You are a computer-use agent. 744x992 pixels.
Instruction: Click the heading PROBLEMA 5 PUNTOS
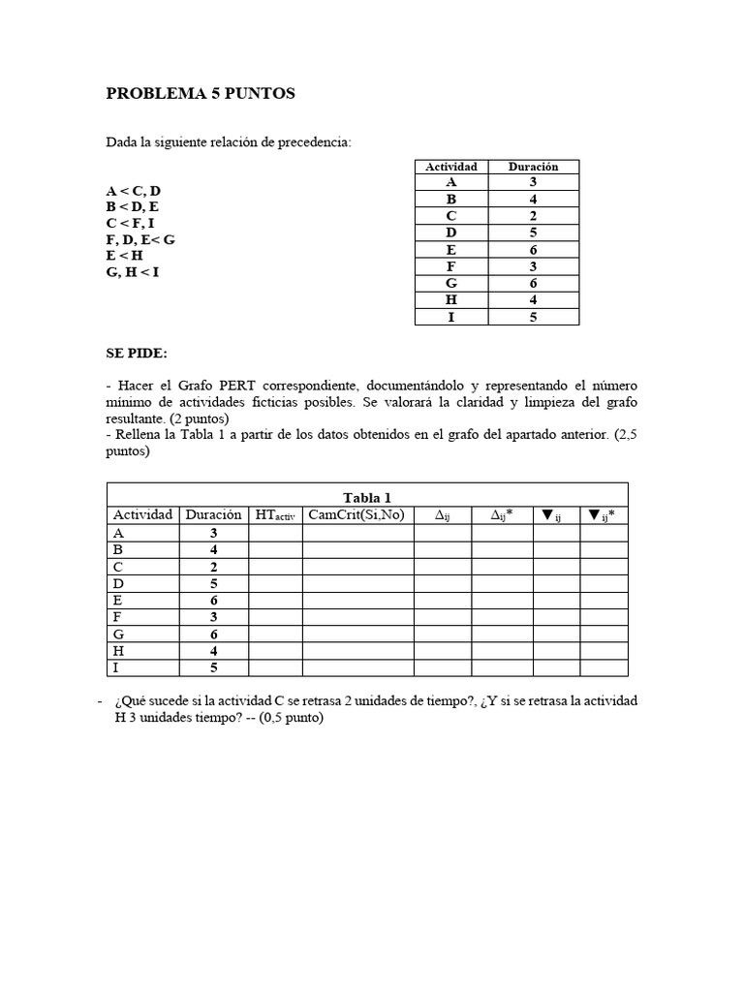[x=201, y=94]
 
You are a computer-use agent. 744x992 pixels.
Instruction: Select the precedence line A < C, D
[x=134, y=191]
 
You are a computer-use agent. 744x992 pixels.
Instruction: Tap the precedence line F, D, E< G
[x=140, y=239]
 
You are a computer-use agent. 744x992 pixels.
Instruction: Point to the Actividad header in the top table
[x=451, y=167]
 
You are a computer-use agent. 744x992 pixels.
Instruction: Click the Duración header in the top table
[x=534, y=167]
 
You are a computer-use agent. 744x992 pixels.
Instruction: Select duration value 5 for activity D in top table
[x=534, y=232]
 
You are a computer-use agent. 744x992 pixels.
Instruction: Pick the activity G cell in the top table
[x=451, y=283]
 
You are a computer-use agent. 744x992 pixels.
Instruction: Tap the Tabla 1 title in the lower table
[x=367, y=497]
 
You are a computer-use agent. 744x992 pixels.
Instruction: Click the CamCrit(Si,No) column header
[x=356, y=514]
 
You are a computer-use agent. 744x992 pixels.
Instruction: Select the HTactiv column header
[x=275, y=515]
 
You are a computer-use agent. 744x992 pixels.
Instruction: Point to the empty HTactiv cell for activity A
[x=275, y=533]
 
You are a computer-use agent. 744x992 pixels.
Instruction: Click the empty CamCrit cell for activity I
[x=357, y=667]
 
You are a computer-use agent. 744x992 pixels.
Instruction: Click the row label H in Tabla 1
[x=118, y=651]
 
